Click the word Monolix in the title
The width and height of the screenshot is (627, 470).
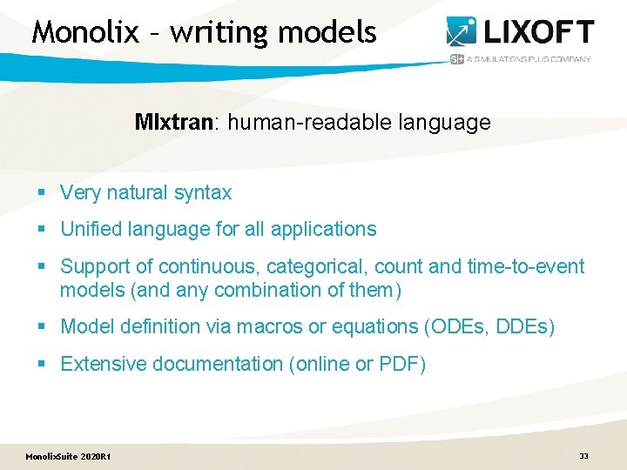point(85,32)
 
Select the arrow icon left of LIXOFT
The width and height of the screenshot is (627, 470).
point(462,31)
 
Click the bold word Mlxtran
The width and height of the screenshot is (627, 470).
point(174,123)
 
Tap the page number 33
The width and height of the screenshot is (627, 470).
point(583,455)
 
